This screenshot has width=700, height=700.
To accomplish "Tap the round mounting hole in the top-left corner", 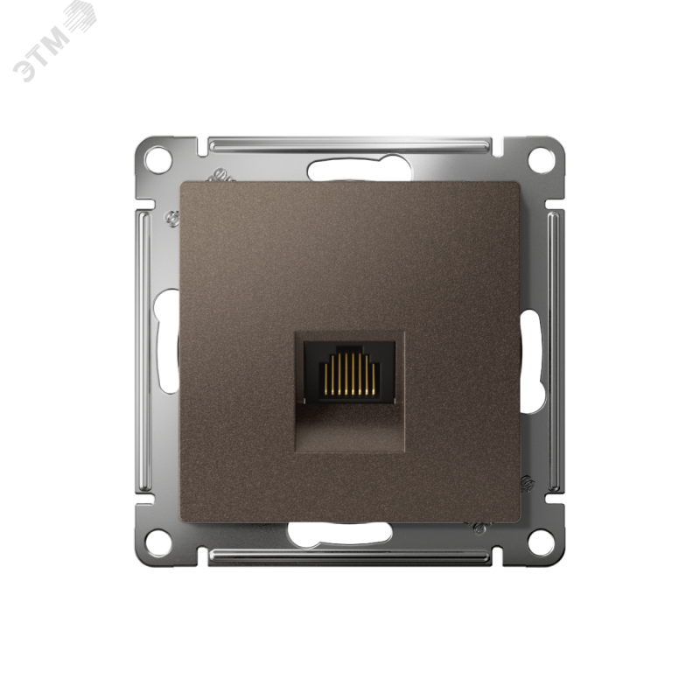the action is click(159, 158).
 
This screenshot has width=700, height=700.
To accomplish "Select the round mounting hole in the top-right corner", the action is click(540, 158).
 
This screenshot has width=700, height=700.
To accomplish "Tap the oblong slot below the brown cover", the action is click(340, 533).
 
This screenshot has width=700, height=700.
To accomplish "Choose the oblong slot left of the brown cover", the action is click(165, 341).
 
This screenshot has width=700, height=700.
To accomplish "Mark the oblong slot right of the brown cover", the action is click(531, 362).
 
